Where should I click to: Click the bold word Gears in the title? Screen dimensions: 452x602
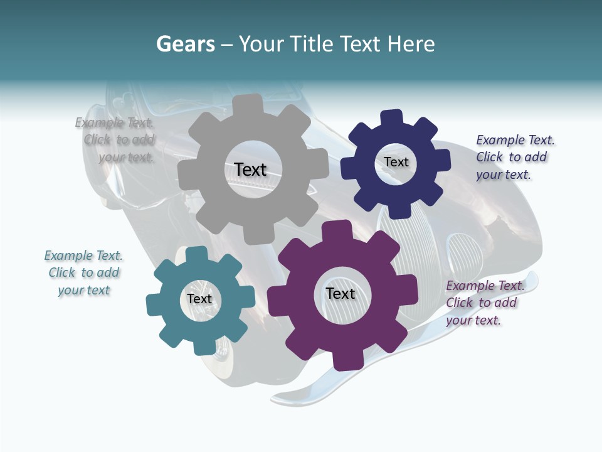pos(185,44)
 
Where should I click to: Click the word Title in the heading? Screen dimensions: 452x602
pos(311,44)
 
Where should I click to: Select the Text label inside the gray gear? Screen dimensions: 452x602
pos(250,169)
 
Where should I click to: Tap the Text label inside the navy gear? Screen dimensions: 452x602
pos(396,162)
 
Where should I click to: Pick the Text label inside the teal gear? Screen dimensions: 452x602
pos(199,299)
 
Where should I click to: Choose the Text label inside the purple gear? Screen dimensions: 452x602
pos(341,293)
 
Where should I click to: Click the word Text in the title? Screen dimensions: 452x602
pos(360,44)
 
